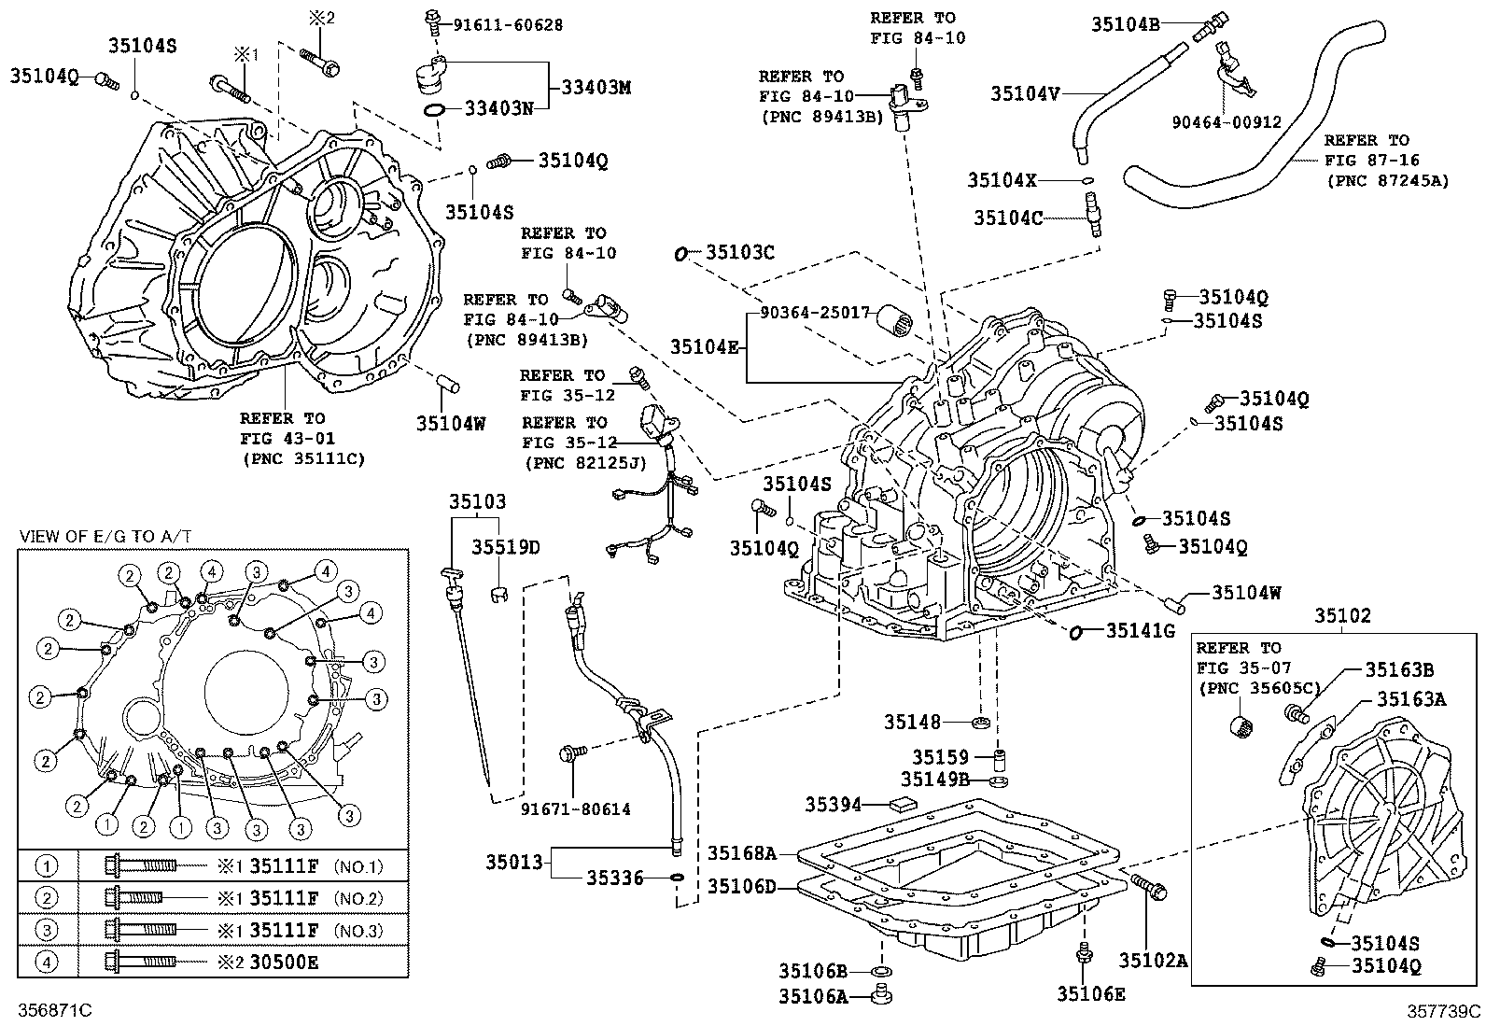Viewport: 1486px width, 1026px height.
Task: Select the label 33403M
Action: [x=596, y=88]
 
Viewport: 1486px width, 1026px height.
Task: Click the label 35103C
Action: [x=740, y=253]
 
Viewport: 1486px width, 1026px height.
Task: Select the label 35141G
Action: [x=1140, y=631]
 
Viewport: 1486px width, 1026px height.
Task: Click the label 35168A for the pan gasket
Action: [x=741, y=852]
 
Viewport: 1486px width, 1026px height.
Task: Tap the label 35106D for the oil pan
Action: [x=741, y=886]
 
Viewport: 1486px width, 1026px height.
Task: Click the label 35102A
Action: [x=1154, y=961]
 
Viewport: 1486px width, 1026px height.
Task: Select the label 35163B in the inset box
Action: [x=1399, y=668]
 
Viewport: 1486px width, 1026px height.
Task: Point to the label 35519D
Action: [x=505, y=548]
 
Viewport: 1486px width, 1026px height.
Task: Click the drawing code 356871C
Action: [x=55, y=1011]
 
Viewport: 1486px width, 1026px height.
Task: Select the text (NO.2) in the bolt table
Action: [x=360, y=898]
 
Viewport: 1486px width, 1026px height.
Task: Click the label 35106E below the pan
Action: [x=1090, y=995]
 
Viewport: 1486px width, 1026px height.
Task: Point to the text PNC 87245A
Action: [x=1387, y=181]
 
